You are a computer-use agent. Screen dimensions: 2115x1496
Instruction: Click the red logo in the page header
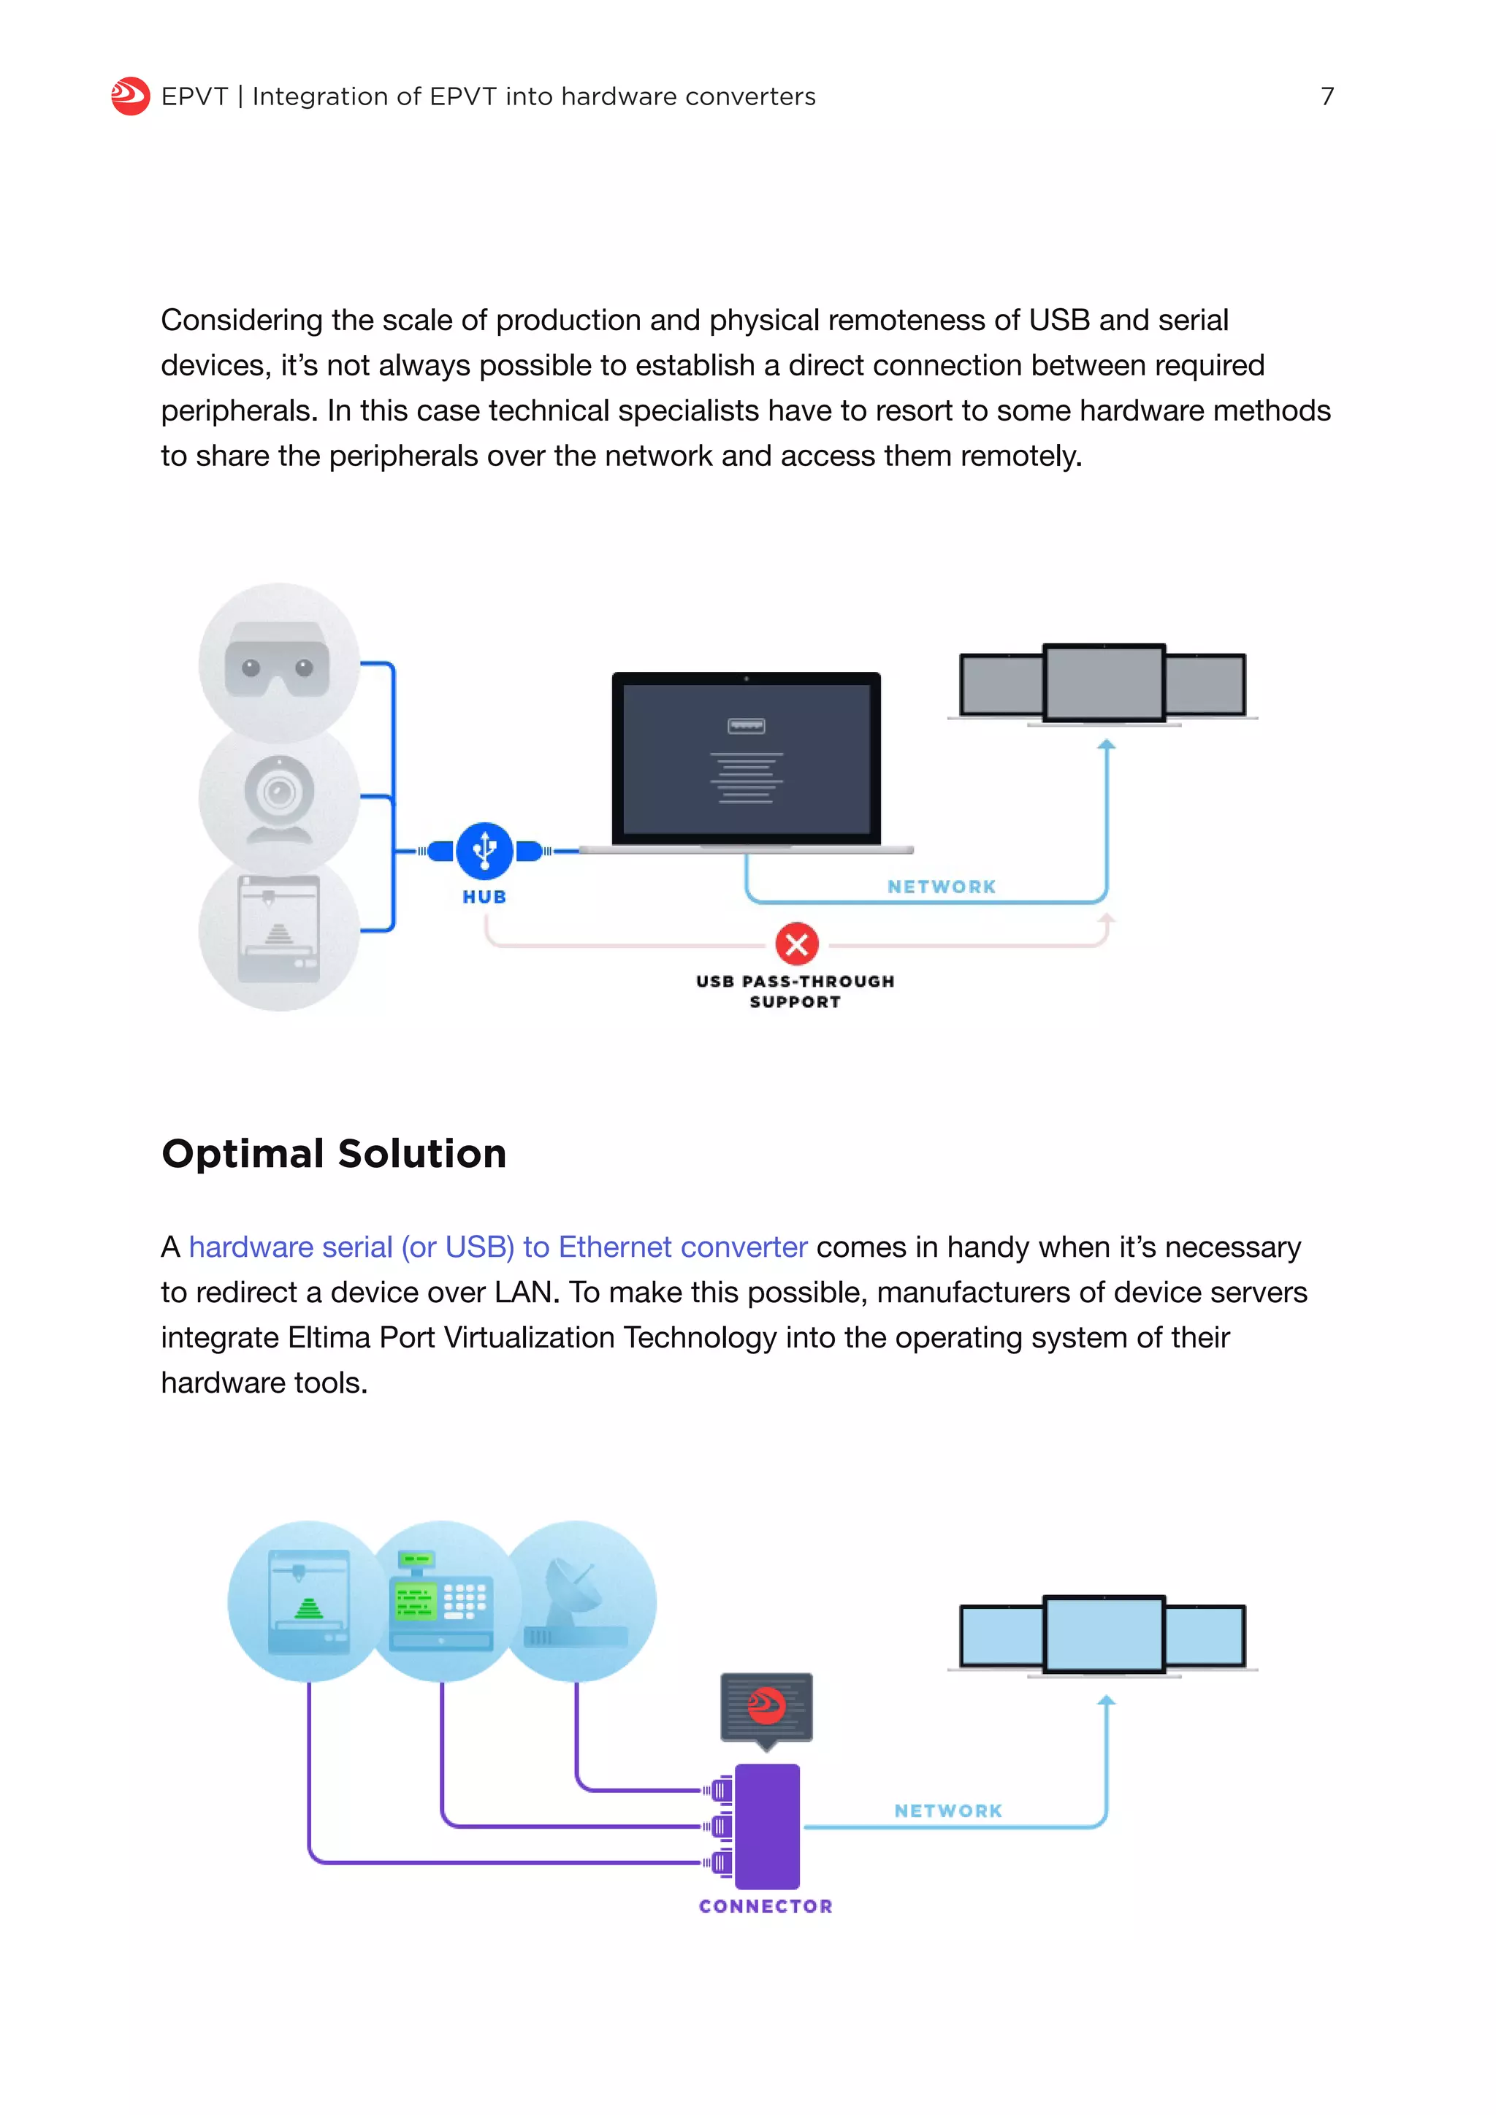[130, 96]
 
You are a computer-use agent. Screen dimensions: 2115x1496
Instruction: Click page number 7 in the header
[1327, 96]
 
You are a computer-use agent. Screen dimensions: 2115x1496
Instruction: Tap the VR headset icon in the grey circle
[278, 659]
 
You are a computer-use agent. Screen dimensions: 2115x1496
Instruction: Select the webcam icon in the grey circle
[278, 798]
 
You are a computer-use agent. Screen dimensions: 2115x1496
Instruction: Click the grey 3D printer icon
[278, 930]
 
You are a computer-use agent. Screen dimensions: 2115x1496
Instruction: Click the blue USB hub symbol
[484, 849]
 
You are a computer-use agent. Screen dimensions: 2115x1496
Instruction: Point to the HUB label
[484, 896]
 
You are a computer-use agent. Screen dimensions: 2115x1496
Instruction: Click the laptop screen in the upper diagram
[746, 757]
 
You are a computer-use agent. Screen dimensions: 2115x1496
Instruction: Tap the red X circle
[797, 944]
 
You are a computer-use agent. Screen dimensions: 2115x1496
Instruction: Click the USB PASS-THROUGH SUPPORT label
[795, 991]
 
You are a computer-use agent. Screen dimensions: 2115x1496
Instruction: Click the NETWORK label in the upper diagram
[942, 886]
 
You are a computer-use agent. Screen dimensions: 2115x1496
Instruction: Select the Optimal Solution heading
[334, 1153]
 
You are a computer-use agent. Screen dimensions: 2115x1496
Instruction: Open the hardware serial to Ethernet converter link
[497, 1247]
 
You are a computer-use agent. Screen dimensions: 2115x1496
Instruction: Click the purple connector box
[766, 1826]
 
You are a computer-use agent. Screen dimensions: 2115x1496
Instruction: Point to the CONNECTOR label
[766, 1906]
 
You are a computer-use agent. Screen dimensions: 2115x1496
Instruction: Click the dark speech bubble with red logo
[766, 1706]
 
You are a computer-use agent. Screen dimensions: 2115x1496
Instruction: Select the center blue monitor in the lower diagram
[1104, 1635]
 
